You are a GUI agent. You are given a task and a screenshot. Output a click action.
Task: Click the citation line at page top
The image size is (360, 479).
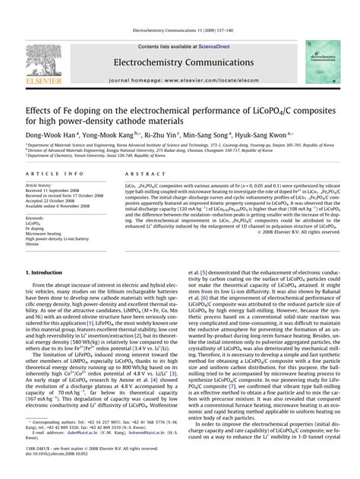pos(179,11)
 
